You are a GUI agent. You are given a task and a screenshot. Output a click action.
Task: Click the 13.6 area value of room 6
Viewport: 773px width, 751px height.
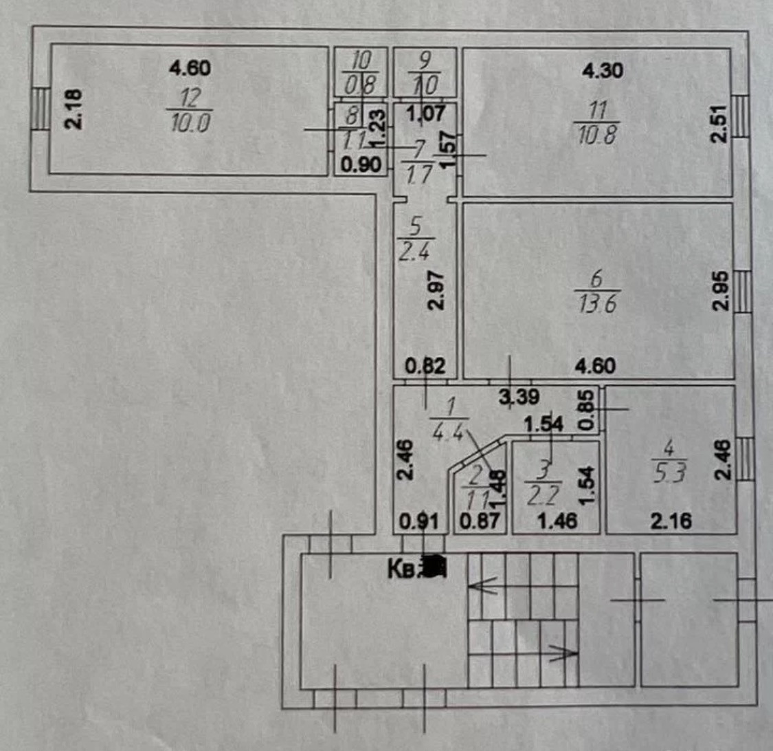596,304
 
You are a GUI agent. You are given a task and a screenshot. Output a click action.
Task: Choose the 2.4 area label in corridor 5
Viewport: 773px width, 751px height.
414,246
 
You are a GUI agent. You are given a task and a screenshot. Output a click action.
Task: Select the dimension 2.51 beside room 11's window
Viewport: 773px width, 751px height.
718,122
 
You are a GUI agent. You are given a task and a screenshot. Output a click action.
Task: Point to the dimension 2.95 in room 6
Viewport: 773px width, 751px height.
719,291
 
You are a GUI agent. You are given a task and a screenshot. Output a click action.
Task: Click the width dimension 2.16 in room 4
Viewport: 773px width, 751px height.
669,522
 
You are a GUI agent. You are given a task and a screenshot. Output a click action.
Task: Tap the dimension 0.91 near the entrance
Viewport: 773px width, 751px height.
419,522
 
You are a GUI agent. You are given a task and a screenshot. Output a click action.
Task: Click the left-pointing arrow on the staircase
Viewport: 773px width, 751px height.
482,587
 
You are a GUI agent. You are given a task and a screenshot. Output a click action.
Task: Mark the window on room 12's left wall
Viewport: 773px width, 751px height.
40,109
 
